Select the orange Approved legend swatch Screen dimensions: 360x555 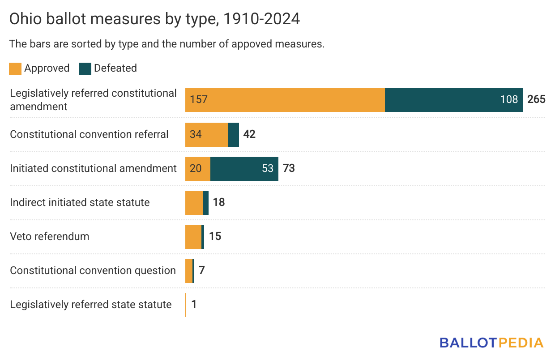coord(15,69)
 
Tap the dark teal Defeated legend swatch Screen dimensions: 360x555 coord(85,69)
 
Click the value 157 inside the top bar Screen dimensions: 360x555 coord(199,99)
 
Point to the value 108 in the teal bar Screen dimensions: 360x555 coord(509,99)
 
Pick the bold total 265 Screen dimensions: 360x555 coord(536,99)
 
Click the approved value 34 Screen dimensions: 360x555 coord(196,134)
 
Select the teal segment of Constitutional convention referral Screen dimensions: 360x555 coord(234,134)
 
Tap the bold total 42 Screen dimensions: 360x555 coord(249,134)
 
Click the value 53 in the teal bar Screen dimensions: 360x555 coord(268,168)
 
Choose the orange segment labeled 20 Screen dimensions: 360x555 coord(197,168)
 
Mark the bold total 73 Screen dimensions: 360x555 coord(289,168)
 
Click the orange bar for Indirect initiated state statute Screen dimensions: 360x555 coord(194,202)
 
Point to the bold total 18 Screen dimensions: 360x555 coord(219,202)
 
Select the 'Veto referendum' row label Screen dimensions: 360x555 coord(50,236)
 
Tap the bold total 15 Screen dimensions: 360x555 coord(215,236)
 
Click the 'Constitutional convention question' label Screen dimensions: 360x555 coord(93,270)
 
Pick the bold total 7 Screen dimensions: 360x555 coord(202,270)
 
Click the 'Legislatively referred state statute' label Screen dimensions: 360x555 coord(91,304)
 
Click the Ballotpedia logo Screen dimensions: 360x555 coord(491,343)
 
